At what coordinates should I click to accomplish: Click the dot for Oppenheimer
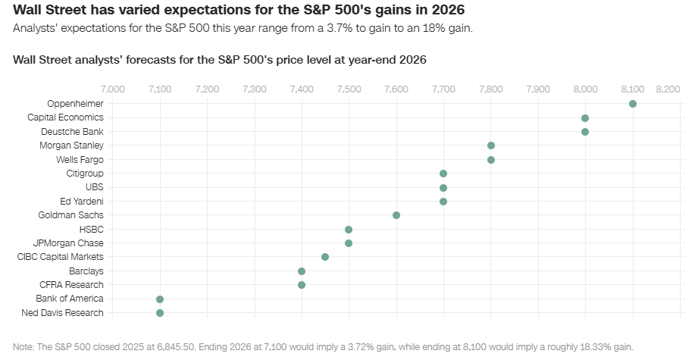(633, 104)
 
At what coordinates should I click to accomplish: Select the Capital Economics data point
(585, 118)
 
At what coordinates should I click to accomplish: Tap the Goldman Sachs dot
(396, 215)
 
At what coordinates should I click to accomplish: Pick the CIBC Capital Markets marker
(325, 257)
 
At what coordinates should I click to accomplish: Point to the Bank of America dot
(160, 299)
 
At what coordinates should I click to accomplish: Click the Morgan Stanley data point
(491, 146)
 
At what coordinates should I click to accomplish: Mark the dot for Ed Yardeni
(443, 202)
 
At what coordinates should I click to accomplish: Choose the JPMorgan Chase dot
(349, 243)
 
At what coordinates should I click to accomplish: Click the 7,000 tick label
(112, 89)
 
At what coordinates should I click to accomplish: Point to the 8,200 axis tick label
(668, 89)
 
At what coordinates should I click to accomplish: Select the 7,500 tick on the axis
(349, 89)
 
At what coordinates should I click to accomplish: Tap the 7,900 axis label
(538, 89)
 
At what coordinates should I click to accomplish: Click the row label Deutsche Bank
(76, 132)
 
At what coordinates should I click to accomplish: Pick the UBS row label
(95, 187)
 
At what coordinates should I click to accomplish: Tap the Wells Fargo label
(80, 160)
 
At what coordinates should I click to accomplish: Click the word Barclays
(86, 271)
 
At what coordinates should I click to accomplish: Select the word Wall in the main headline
(28, 10)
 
